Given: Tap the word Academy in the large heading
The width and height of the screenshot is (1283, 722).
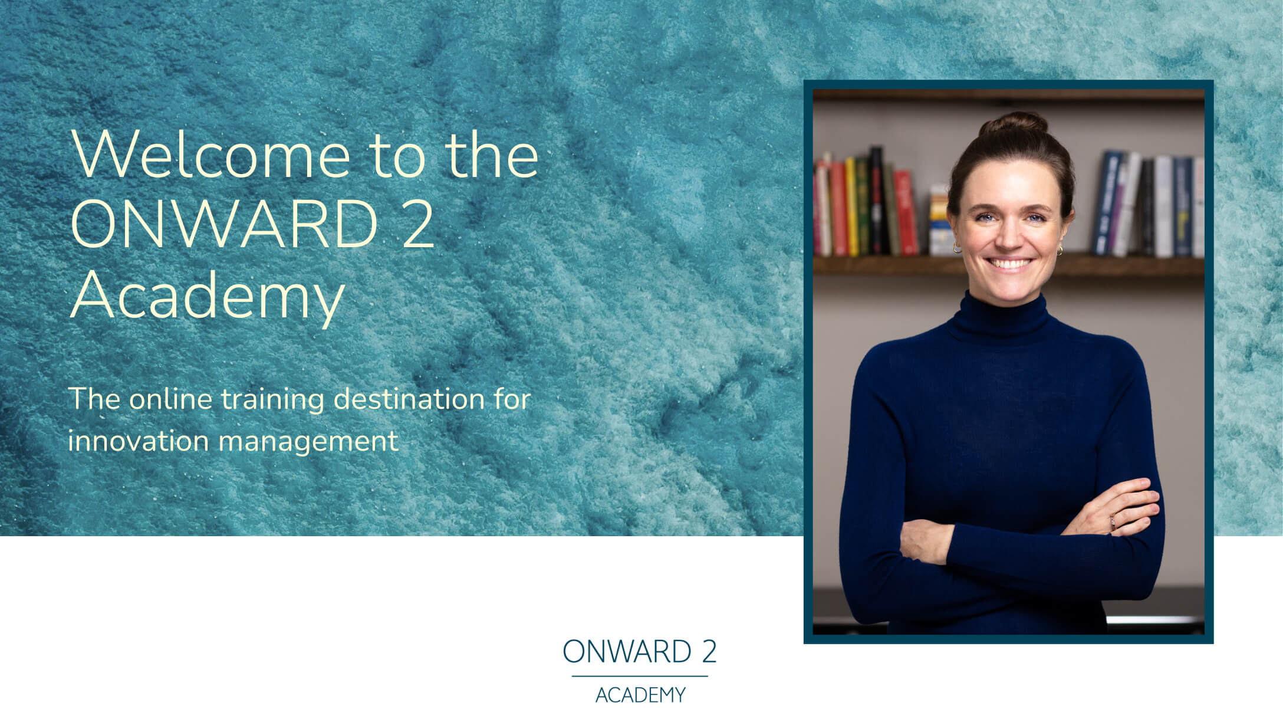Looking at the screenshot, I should pos(207,295).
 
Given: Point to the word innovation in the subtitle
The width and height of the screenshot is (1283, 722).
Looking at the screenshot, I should pos(138,441).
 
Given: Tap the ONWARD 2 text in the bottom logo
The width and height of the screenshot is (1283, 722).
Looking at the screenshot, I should pos(640,652).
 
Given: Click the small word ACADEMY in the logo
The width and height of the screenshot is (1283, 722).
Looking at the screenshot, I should pos(640,695).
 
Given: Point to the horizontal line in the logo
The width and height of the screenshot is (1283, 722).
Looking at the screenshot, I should pos(640,676).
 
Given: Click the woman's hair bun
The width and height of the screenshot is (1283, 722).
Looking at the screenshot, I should pos(1013,124).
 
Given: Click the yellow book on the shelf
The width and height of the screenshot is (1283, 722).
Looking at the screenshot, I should pos(851,206).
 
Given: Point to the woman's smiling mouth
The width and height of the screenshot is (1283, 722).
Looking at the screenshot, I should pos(1009,263).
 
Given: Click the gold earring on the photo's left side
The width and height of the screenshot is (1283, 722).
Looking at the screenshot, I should pos(957,248).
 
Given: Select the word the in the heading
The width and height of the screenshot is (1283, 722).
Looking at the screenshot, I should pos(492,155).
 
